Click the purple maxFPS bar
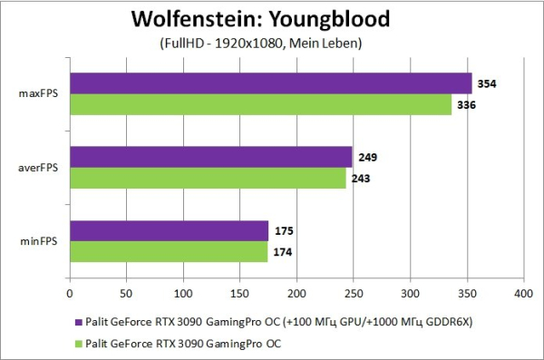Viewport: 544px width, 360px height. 271,83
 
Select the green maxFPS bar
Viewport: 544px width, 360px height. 261,104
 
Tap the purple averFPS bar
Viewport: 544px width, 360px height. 211,157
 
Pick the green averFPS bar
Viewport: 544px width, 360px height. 209,178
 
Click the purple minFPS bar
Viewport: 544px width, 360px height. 170,230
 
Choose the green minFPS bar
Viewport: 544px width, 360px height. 169,252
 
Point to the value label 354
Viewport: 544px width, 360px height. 487,83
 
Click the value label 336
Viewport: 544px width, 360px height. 466,105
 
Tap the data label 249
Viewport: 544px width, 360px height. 368,157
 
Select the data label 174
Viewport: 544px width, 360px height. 283,252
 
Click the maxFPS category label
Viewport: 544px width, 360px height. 38,93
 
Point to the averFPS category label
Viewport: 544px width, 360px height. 38,168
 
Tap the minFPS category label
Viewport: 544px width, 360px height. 39,241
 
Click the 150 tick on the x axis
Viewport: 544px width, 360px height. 239,294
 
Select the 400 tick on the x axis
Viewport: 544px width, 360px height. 523,294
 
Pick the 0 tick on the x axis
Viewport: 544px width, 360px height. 70,294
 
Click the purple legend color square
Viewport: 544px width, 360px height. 79,322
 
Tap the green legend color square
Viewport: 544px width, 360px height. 79,344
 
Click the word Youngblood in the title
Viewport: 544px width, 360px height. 330,19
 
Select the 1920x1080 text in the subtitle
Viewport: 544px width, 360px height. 248,43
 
